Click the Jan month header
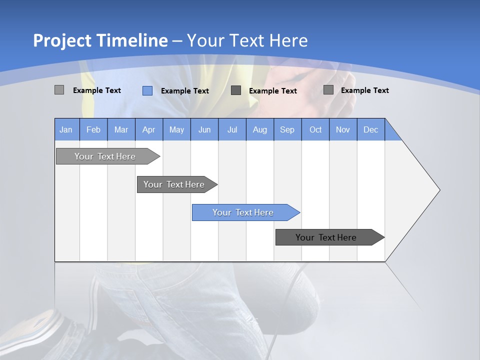66,129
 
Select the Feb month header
93,129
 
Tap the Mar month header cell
121,129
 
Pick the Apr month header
149,129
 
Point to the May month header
176,129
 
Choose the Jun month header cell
204,129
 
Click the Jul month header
232,129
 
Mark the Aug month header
260,129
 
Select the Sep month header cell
287,129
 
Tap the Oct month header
315,129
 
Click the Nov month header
343,129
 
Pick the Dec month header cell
371,129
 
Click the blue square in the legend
147,90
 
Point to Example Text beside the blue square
185,91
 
